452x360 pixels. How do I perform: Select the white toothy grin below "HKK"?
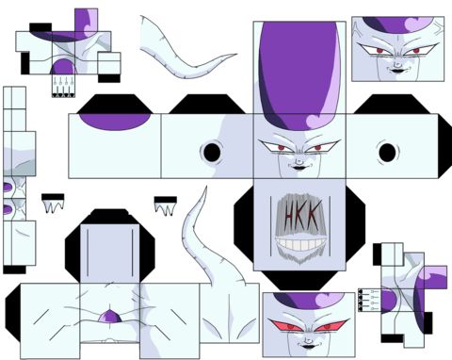point(300,244)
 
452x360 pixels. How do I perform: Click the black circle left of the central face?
point(212,152)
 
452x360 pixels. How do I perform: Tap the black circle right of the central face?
point(387,153)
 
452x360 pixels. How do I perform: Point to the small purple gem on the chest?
point(110,317)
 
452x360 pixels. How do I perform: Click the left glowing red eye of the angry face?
point(286,326)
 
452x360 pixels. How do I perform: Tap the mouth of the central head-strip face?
point(299,168)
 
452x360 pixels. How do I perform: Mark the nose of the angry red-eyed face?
point(307,339)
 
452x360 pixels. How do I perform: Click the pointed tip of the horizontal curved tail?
point(236,55)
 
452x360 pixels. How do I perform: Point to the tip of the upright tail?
point(206,187)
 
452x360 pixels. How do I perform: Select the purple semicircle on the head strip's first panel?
point(115,122)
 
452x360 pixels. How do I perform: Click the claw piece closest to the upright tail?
point(165,205)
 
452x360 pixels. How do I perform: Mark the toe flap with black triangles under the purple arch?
point(63,86)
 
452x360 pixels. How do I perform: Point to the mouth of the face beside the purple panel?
point(397,71)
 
